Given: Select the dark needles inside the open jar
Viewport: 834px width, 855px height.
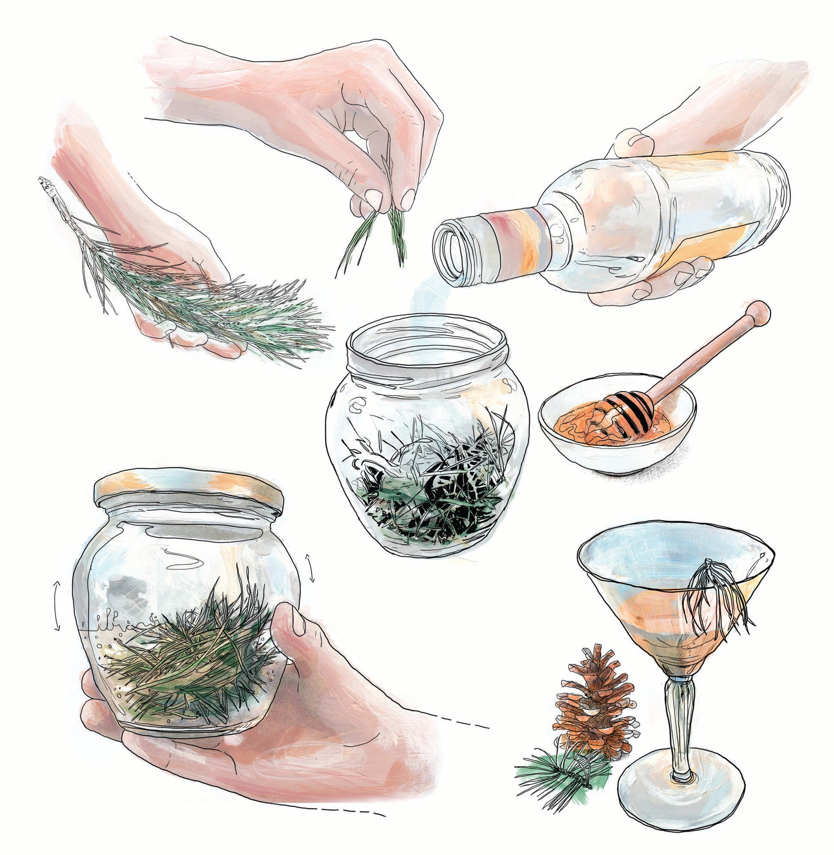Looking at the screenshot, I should point(434,490).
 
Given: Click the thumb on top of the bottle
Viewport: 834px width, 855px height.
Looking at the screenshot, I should point(631,142).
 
